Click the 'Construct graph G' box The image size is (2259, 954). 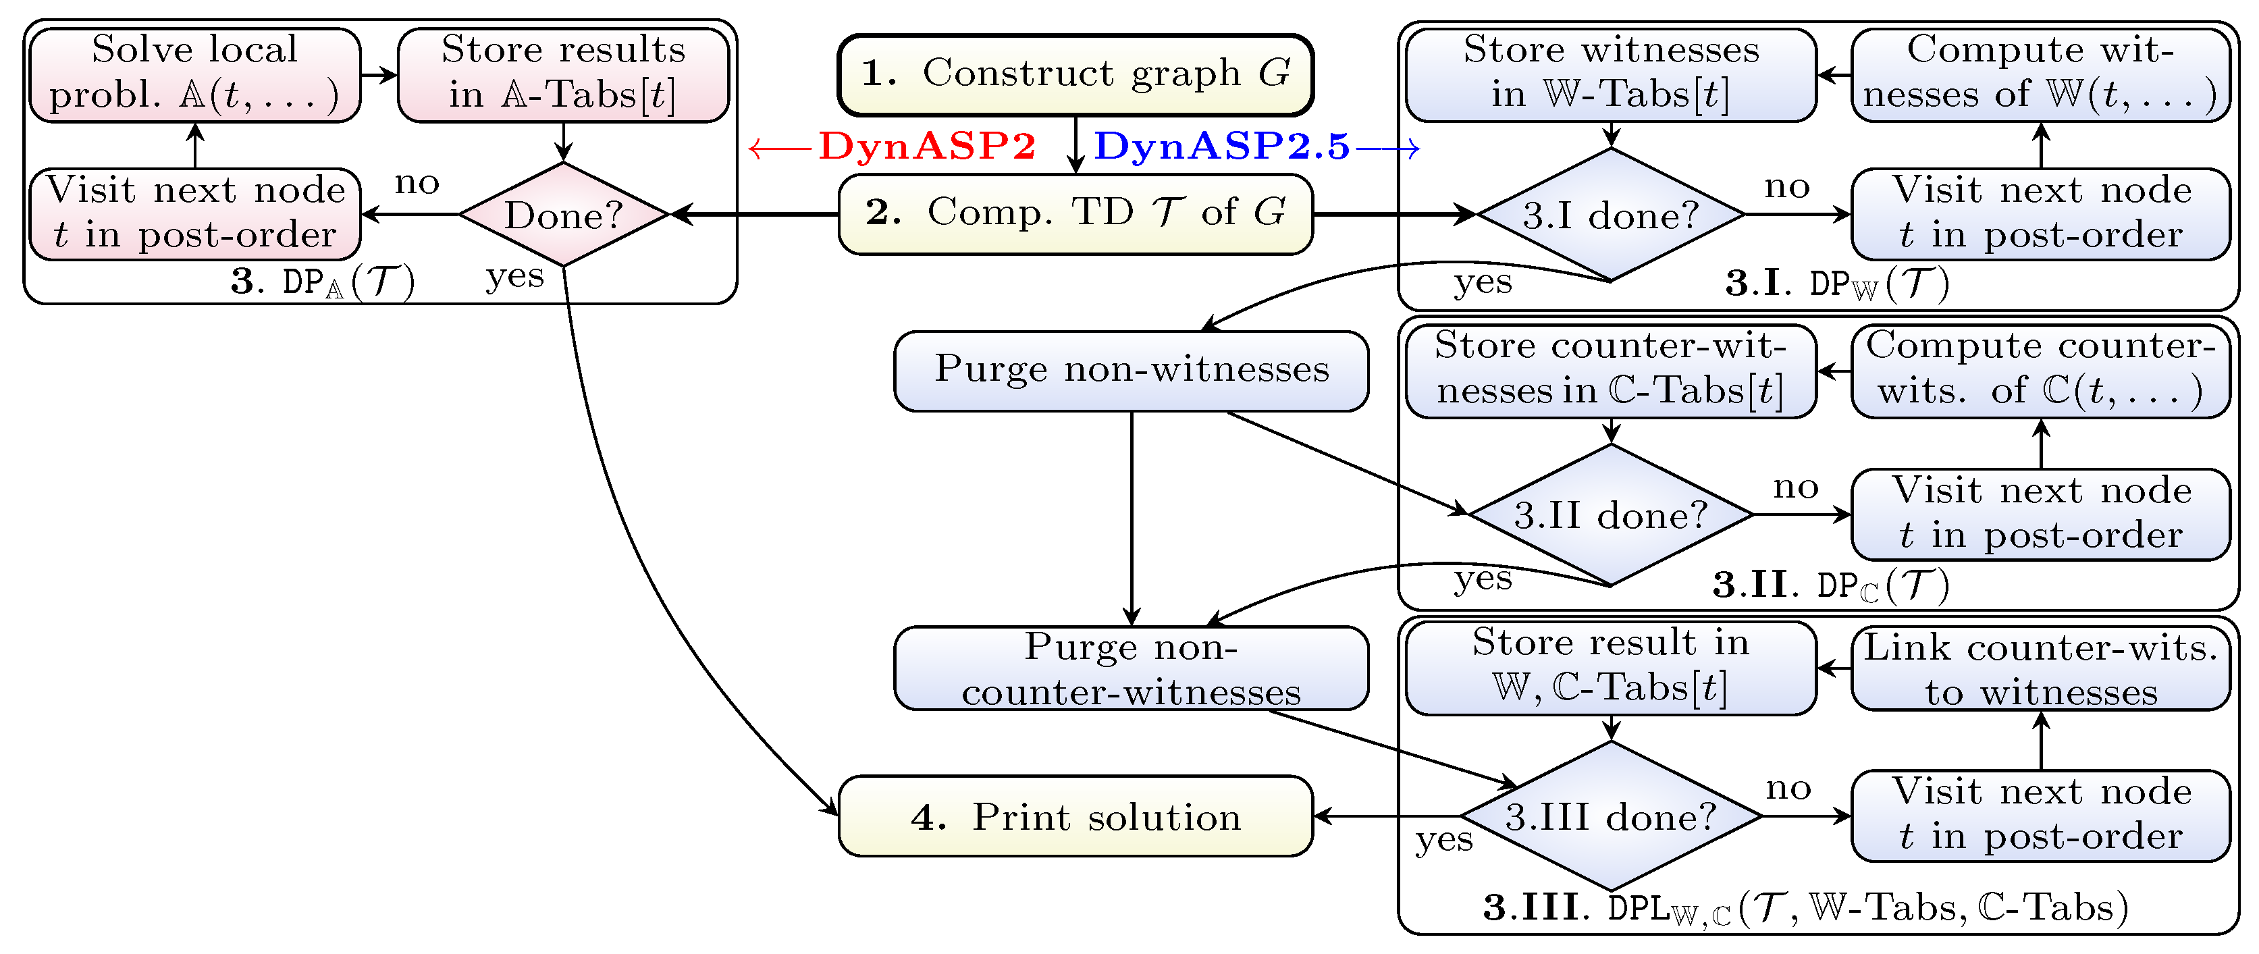tap(1075, 74)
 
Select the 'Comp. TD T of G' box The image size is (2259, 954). tap(1075, 214)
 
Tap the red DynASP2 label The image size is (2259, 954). tap(926, 146)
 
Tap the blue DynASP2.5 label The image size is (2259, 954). tap(1221, 146)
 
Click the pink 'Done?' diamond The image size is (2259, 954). tap(563, 215)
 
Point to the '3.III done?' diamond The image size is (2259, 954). tap(1610, 817)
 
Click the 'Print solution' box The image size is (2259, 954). tap(1075, 817)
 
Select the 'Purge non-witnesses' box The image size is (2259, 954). tap(1132, 370)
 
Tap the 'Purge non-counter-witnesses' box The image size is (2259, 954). tap(1132, 668)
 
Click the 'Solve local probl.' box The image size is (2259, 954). tap(194, 74)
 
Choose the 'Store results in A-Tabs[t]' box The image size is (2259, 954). tap(563, 74)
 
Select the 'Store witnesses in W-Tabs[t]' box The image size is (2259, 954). tap(1610, 74)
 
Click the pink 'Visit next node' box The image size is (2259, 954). tap(194, 214)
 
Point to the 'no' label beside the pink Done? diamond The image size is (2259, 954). tap(417, 183)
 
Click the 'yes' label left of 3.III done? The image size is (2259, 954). tap(1443, 840)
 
